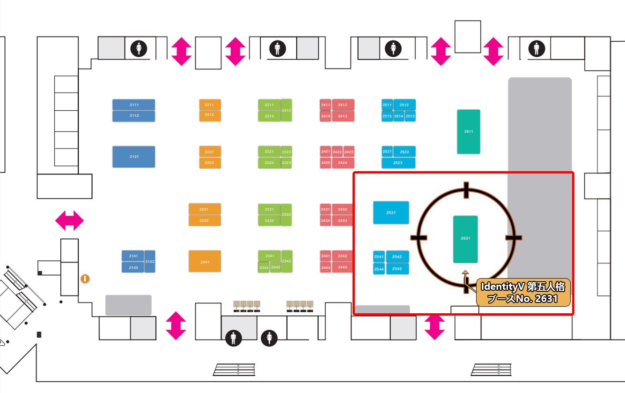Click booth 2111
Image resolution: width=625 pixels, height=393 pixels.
(x=133, y=105)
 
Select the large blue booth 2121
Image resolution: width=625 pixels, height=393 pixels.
(x=133, y=157)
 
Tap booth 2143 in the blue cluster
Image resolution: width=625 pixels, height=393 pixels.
(x=133, y=267)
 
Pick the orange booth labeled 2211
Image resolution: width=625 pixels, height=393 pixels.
(x=209, y=105)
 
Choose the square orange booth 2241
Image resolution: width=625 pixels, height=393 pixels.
(x=205, y=261)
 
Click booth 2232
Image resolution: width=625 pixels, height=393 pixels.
(x=204, y=220)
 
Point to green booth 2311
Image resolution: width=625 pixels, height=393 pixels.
(x=269, y=105)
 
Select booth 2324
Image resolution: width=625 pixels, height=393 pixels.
(x=269, y=163)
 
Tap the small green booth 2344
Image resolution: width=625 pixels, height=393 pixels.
(x=264, y=267)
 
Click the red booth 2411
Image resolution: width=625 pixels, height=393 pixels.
(x=325, y=105)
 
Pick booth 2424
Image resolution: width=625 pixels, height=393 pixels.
(x=343, y=163)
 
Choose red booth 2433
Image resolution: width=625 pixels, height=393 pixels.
(x=343, y=220)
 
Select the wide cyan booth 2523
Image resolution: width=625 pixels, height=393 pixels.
(x=398, y=163)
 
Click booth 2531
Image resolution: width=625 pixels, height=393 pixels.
(x=391, y=212)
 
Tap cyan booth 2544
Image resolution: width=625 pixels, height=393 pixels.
(x=379, y=269)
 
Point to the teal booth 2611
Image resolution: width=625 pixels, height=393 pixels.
(x=469, y=131)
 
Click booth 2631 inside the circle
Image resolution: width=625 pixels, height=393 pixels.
(x=465, y=239)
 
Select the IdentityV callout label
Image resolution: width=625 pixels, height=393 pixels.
(x=523, y=293)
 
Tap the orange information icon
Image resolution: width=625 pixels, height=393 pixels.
(x=85, y=279)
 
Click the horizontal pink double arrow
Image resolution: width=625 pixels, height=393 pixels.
(x=69, y=220)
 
